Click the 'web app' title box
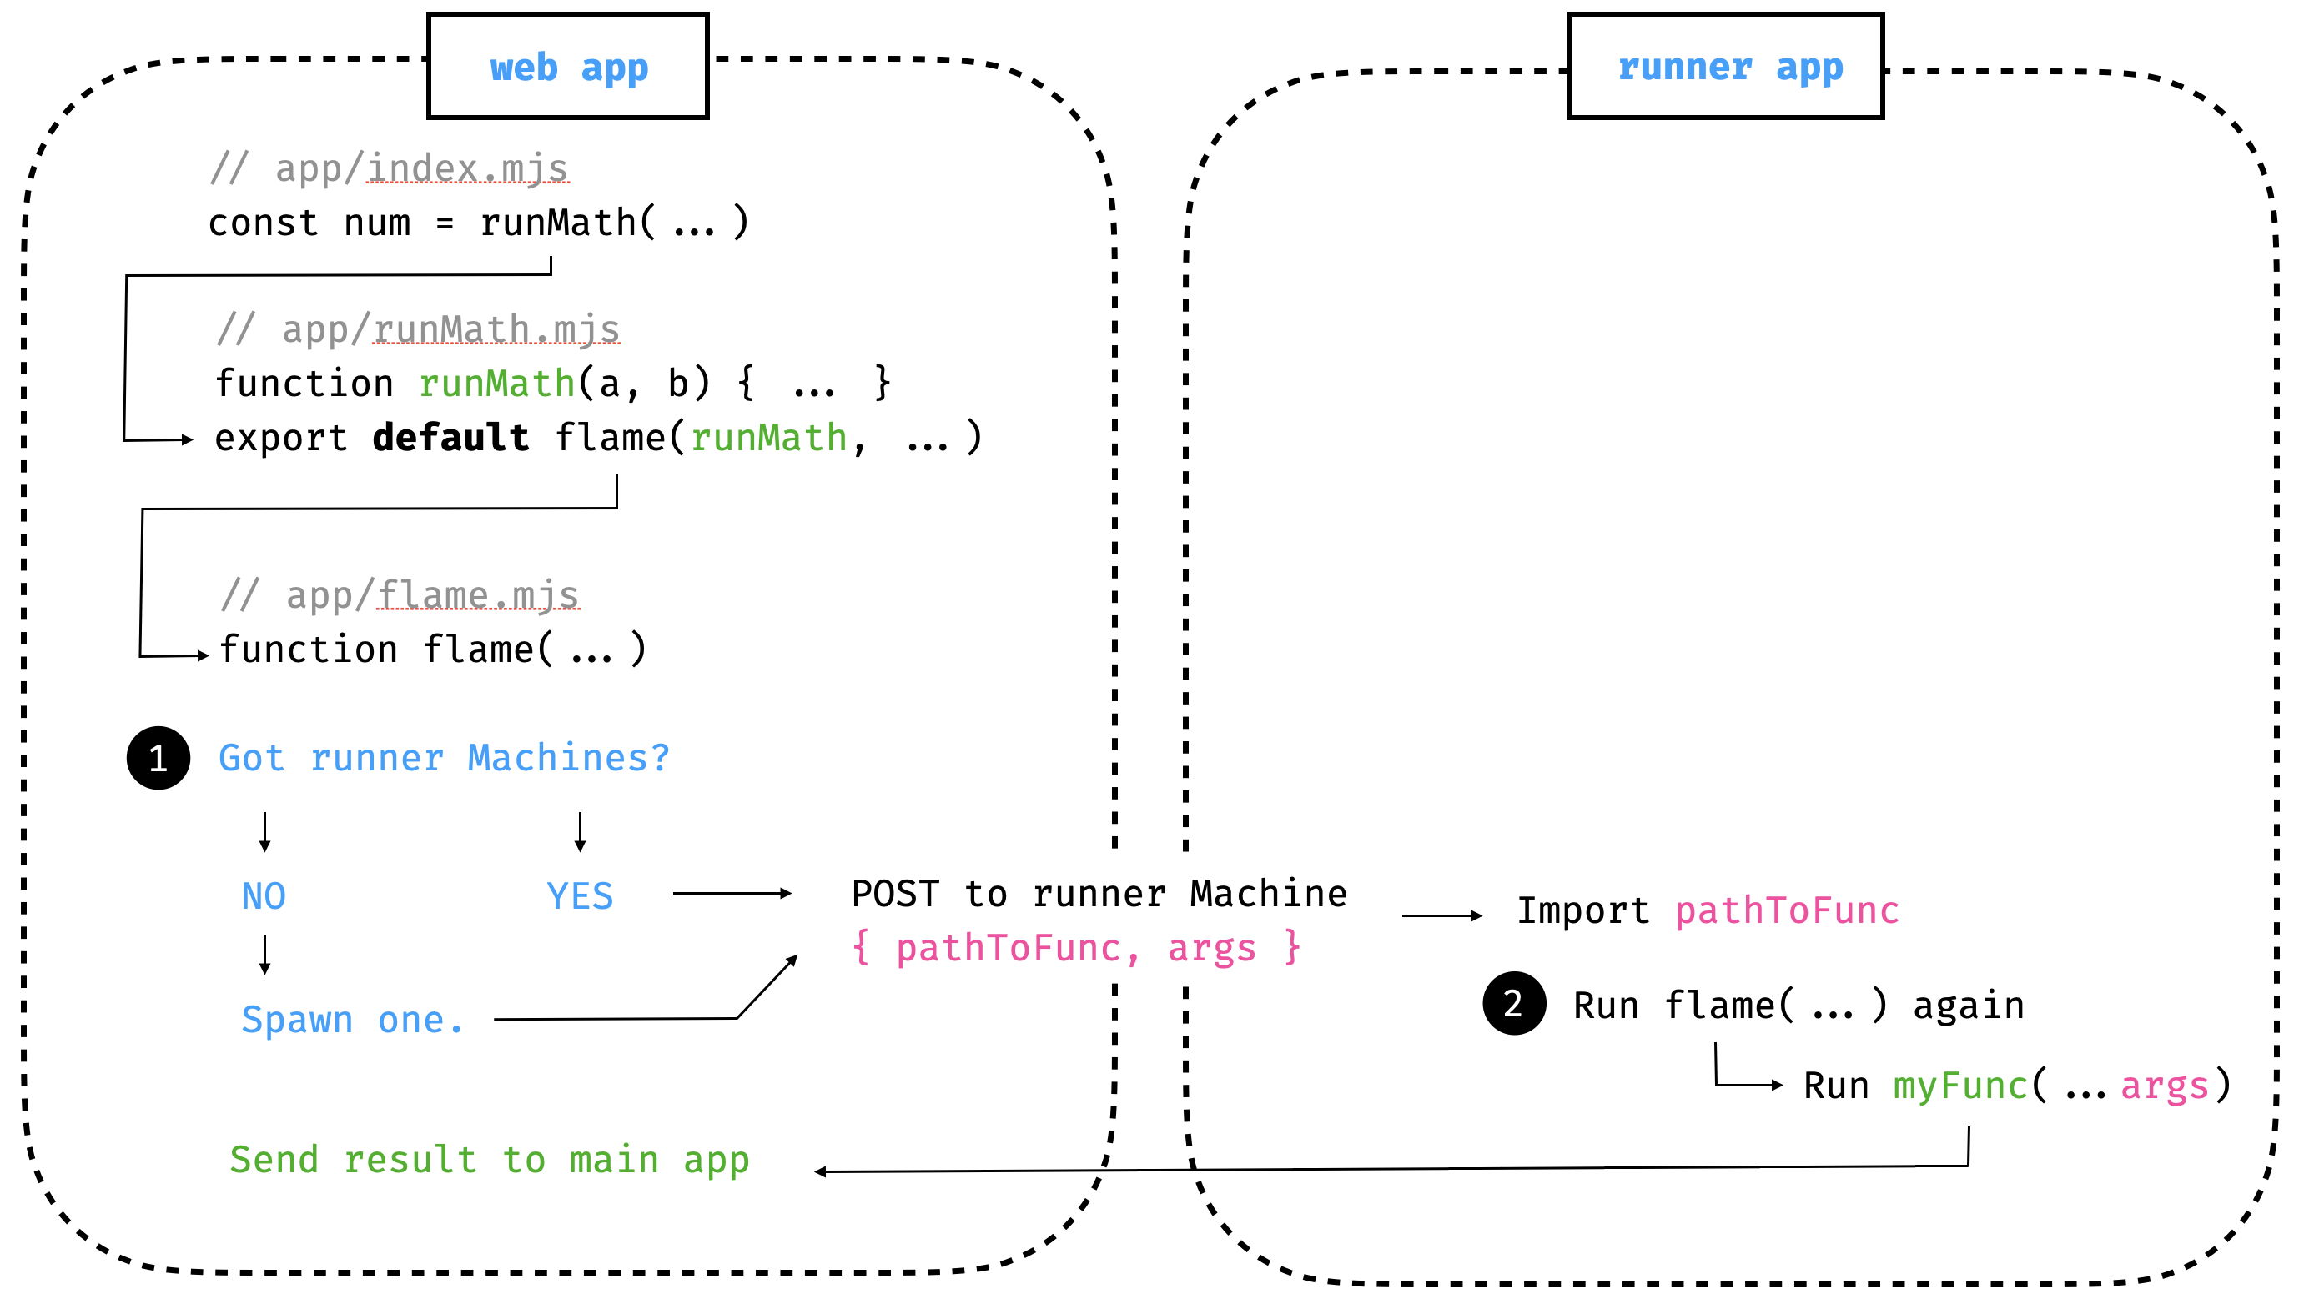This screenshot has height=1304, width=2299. [568, 66]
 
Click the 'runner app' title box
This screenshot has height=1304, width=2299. [1725, 66]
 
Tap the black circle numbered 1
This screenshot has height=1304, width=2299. [158, 758]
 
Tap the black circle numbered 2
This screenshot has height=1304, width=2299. [1513, 1003]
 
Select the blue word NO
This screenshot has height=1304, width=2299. [264, 896]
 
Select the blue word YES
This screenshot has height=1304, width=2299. [580, 896]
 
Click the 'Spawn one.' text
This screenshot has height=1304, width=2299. [352, 1020]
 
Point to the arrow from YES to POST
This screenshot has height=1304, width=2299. [731, 893]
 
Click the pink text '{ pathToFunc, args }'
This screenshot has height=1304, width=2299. [1075, 947]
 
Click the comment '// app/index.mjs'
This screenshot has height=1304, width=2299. [389, 168]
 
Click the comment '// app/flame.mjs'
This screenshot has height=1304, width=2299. [400, 595]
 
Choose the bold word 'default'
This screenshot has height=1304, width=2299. [450, 438]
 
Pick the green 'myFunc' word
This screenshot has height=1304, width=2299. [1959, 1086]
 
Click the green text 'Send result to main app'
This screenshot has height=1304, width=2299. [489, 1160]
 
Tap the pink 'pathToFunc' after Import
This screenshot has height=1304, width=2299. [1787, 910]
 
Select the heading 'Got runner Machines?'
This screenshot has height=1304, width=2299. [444, 759]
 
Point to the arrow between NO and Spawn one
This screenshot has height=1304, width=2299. [264, 955]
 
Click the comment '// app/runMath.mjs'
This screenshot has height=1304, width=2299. [418, 329]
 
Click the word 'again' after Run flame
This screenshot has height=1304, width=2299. [1968, 1006]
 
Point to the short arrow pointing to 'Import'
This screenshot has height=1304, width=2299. [1441, 915]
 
